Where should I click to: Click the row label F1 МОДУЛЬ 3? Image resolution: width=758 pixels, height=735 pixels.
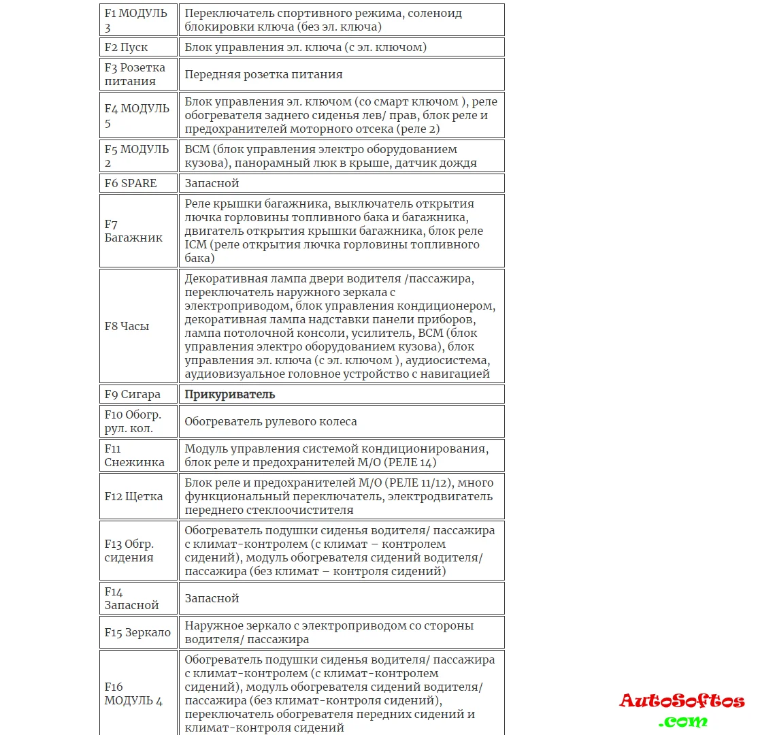pos(136,20)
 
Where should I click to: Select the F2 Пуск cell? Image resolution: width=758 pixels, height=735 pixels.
pos(127,47)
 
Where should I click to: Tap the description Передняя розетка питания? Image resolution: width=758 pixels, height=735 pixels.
pos(263,74)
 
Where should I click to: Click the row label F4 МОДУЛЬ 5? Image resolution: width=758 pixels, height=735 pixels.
pos(137,115)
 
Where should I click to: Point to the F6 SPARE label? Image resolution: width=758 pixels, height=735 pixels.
pos(131,183)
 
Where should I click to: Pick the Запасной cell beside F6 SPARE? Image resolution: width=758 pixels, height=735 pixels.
pos(212,183)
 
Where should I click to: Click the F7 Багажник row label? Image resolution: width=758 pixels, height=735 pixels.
pos(133,231)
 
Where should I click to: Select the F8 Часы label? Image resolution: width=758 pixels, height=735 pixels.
pos(127,326)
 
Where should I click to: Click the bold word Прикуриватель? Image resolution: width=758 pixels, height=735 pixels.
pos(230,394)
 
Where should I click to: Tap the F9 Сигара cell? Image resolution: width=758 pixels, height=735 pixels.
pos(133,394)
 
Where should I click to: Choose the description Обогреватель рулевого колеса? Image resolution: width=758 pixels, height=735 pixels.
pos(271,421)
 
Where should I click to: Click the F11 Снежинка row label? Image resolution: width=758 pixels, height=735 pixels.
pos(135,455)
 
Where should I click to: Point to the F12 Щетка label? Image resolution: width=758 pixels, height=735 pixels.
pos(133,496)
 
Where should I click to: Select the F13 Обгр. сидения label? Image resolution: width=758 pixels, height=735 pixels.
pos(129,551)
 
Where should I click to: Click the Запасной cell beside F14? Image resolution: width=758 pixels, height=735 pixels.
pos(212,598)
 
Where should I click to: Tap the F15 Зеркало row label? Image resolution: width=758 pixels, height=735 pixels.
pos(137,632)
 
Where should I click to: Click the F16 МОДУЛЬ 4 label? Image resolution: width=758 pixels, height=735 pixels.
pos(133,693)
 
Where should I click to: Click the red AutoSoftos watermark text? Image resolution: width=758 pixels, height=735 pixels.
pos(682,701)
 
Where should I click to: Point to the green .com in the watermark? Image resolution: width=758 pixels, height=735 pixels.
pos(682,721)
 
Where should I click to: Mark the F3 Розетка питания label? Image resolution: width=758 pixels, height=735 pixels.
pos(135,74)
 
